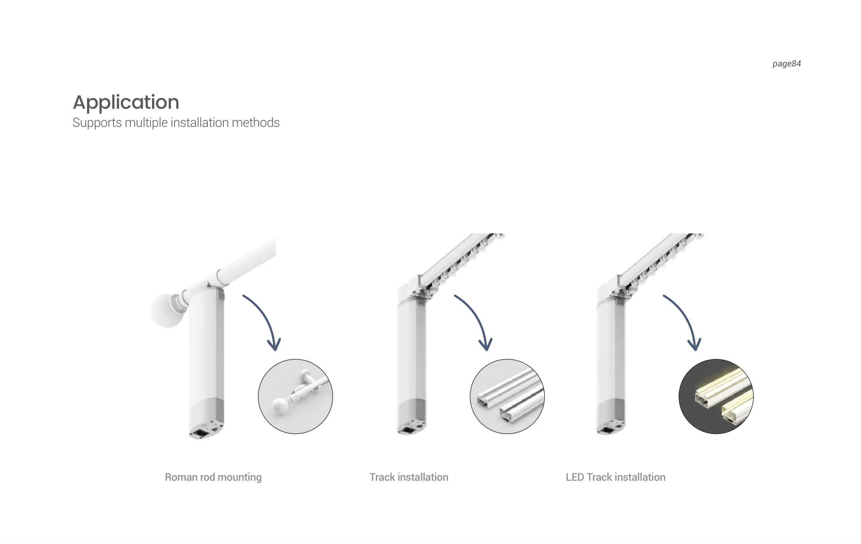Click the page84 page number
786,64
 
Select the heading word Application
126,103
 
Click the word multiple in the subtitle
146,123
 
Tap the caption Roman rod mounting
213,477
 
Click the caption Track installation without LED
409,477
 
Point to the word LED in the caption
575,477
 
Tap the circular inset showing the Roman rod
295,397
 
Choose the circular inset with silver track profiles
507,397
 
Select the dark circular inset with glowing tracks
716,397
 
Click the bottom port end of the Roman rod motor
206,431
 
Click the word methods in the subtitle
256,123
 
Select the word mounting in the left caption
239,478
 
